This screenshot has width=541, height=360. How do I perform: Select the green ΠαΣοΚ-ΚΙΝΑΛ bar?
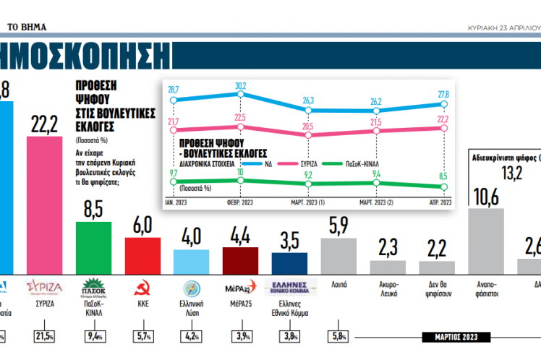(x=93, y=245)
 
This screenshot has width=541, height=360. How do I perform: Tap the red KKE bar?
(x=142, y=252)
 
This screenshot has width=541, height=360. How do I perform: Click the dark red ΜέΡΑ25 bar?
(x=241, y=258)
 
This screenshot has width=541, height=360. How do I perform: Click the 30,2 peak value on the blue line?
(x=241, y=86)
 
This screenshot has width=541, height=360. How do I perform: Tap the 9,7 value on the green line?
(x=174, y=173)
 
